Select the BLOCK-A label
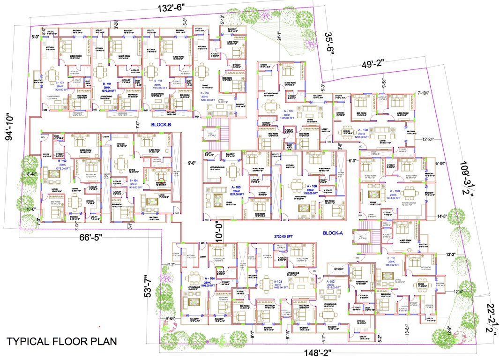(334, 232)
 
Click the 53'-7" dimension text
(148, 286)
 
